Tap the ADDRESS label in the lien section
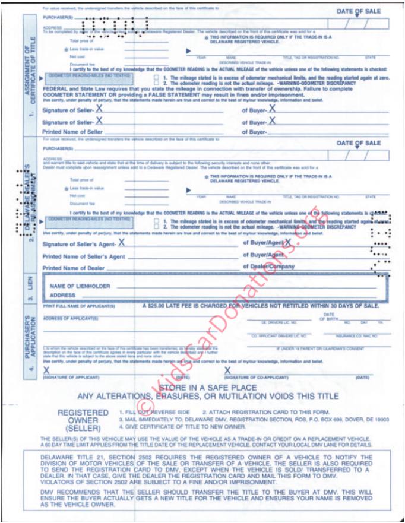[x=62, y=295]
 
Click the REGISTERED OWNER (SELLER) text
[x=83, y=420]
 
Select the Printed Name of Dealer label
[x=79, y=268]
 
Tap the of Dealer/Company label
[x=268, y=267]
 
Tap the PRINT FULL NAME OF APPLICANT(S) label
[x=78, y=306]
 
